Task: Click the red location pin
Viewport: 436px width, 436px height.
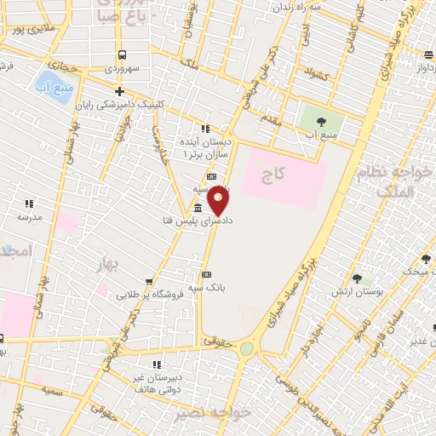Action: click(219, 201)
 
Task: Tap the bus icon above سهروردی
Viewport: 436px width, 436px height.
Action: click(122, 54)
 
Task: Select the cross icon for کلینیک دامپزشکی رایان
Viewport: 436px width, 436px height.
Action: click(119, 92)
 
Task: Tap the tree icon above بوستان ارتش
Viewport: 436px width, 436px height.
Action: click(356, 279)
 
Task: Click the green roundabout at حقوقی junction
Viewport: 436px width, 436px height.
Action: click(246, 348)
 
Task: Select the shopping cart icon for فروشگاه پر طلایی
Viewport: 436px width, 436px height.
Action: click(150, 281)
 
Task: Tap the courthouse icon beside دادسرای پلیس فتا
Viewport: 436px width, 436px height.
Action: click(198, 209)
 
